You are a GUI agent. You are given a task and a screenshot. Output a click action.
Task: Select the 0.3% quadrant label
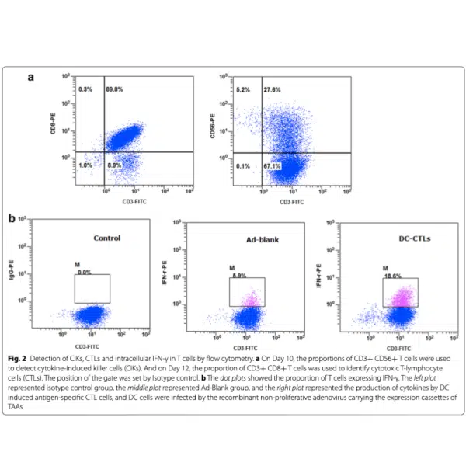click(85, 90)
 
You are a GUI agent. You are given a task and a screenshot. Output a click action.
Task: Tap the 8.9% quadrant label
click(114, 165)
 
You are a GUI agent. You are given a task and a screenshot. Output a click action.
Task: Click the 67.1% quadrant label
click(273, 165)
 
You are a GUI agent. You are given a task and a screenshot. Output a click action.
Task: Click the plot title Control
click(107, 238)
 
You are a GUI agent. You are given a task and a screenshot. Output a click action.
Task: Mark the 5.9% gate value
click(239, 274)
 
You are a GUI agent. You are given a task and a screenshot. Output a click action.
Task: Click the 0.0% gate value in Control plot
click(85, 273)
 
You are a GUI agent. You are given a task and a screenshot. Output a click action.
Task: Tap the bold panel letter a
click(32, 78)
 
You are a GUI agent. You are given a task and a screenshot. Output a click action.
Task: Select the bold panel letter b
click(12, 219)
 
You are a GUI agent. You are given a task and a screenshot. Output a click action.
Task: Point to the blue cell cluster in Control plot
click(92, 315)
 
